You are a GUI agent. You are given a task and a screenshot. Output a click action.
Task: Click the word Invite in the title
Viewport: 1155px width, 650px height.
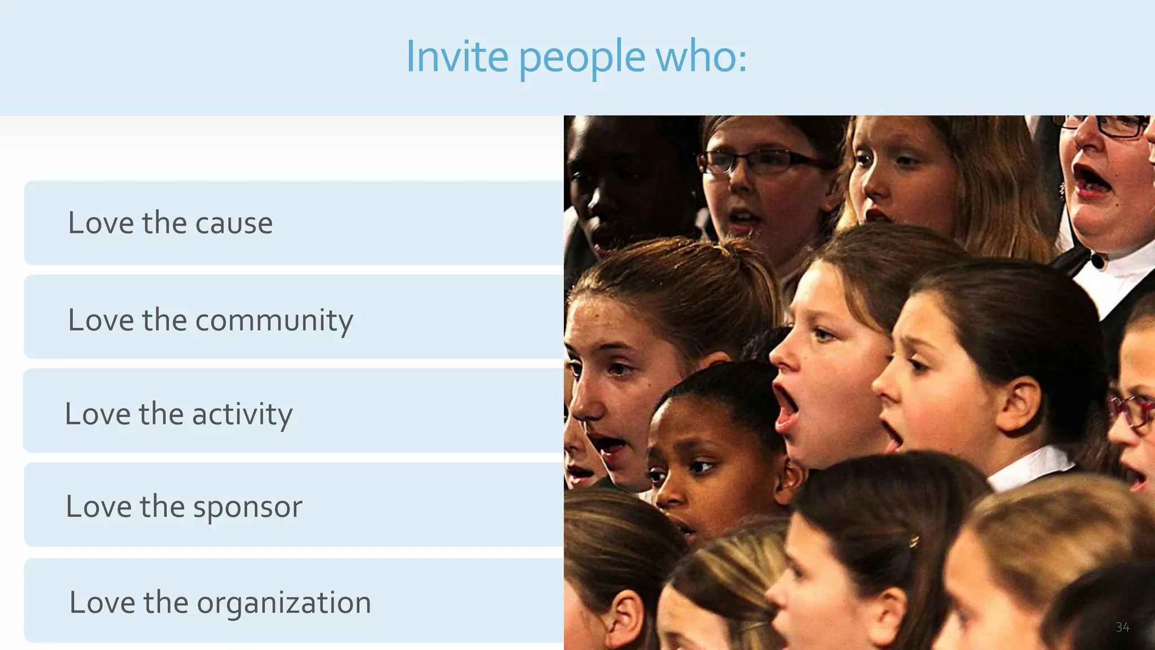[457, 57]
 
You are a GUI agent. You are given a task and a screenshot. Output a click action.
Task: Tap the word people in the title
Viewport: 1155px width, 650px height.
[581, 58]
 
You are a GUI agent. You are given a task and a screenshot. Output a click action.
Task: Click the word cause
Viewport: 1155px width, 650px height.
[233, 223]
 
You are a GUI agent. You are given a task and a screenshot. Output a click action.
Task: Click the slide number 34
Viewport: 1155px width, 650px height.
[1122, 627]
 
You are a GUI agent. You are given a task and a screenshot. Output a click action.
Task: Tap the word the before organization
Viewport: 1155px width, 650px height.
[165, 602]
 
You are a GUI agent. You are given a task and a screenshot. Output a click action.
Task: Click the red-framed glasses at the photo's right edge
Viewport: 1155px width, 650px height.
[1134, 411]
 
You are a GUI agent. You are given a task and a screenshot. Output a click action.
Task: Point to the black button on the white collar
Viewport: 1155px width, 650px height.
[1097, 262]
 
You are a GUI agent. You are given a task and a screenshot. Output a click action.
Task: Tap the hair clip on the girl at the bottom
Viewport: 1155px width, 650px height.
[914, 542]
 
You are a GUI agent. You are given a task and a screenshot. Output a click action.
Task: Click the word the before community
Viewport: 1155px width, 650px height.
[164, 320]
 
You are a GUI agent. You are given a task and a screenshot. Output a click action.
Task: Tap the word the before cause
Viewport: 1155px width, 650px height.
[164, 223]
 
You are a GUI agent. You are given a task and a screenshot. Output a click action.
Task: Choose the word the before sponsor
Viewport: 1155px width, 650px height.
[162, 506]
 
